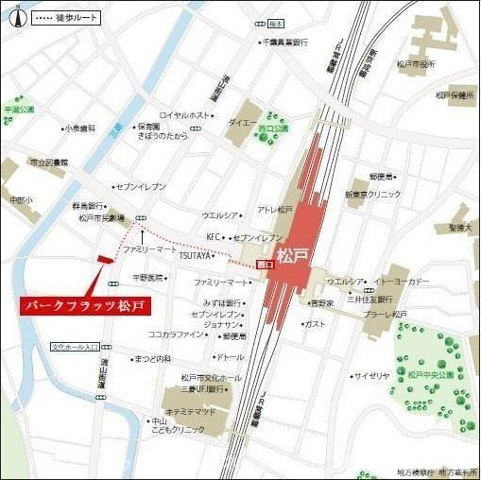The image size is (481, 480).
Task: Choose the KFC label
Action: coord(213,236)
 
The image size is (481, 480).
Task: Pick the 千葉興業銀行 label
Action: coord(284,43)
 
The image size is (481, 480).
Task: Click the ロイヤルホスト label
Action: coord(184,115)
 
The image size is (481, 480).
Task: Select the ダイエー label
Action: coord(240,122)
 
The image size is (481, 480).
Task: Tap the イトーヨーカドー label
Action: coord(404,282)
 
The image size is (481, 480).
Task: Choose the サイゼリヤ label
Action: coord(371,376)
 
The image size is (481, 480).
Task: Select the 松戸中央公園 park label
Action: coord(432,374)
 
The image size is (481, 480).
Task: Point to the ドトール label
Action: coord(231,357)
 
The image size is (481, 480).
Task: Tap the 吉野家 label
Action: coord(324,303)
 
